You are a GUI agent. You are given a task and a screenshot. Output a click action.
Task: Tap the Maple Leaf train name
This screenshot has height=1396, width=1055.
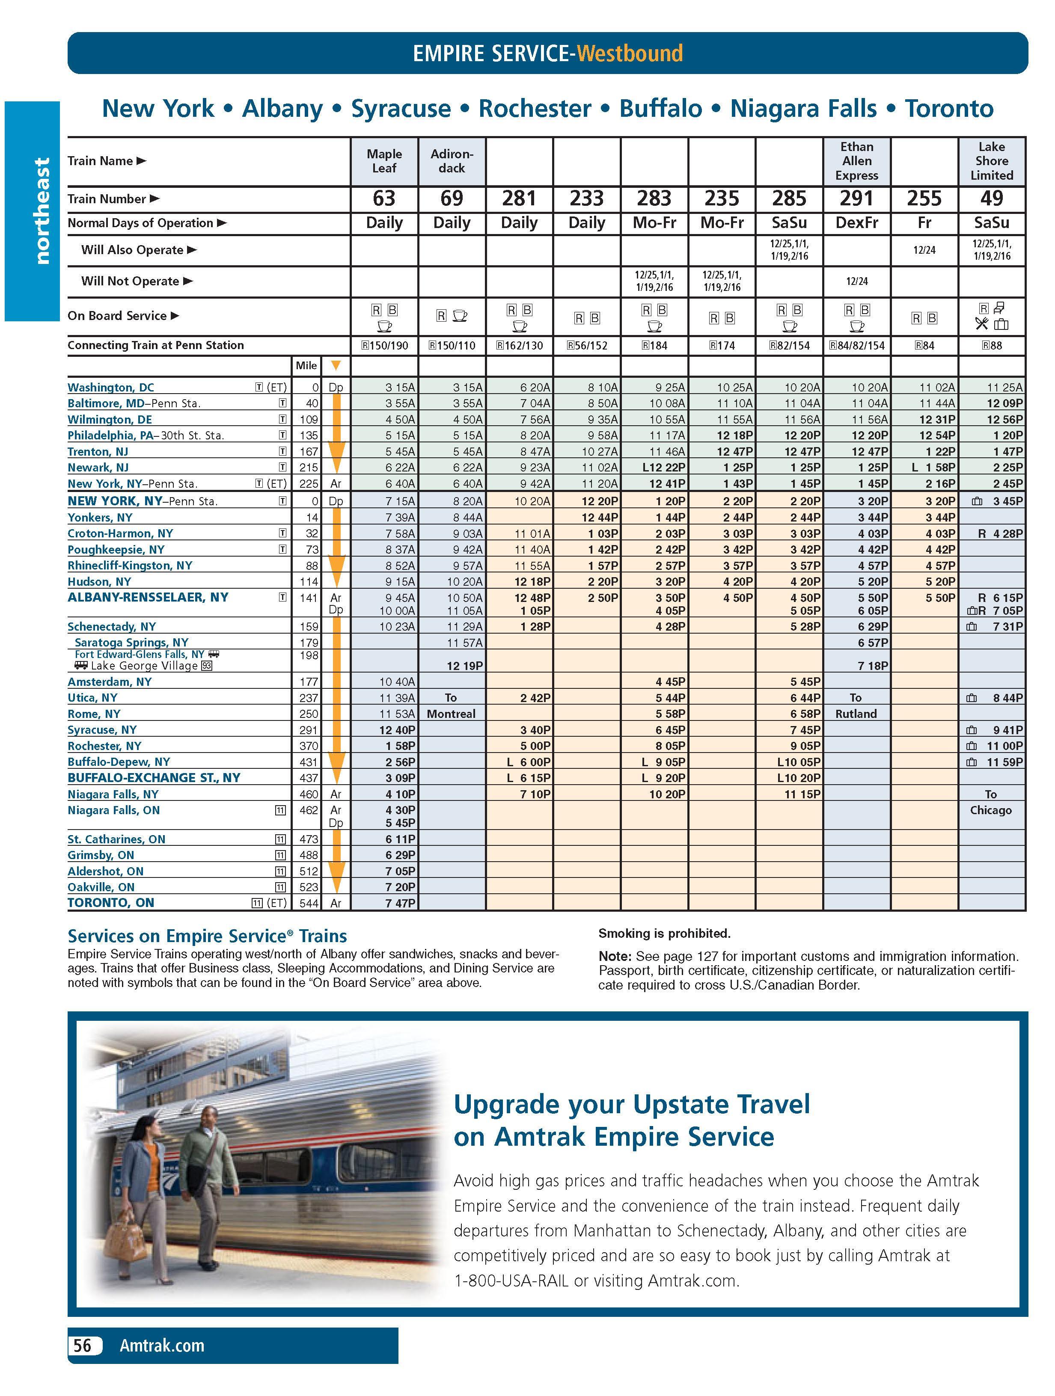tap(384, 161)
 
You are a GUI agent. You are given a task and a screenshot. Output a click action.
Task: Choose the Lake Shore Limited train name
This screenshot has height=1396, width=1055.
tap(991, 161)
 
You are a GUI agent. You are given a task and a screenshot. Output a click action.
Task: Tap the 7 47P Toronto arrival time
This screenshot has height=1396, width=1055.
tap(400, 903)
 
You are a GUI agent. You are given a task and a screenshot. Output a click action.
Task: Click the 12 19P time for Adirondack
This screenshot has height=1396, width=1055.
tap(465, 666)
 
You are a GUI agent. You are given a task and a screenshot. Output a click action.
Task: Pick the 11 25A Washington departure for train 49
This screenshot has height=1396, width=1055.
tap(1004, 388)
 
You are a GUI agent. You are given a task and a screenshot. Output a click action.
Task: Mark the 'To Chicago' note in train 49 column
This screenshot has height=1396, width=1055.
tap(991, 802)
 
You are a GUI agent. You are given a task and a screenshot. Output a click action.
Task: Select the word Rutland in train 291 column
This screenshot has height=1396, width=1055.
tap(856, 714)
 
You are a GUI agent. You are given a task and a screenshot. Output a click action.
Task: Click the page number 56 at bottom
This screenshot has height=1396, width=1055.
tap(82, 1346)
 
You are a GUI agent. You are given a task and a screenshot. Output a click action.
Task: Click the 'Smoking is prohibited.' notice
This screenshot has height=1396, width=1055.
tap(664, 934)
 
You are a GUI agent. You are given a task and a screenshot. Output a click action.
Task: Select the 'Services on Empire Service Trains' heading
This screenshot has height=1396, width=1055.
tap(207, 936)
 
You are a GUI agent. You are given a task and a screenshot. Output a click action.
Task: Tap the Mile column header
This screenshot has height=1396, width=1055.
tap(306, 365)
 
